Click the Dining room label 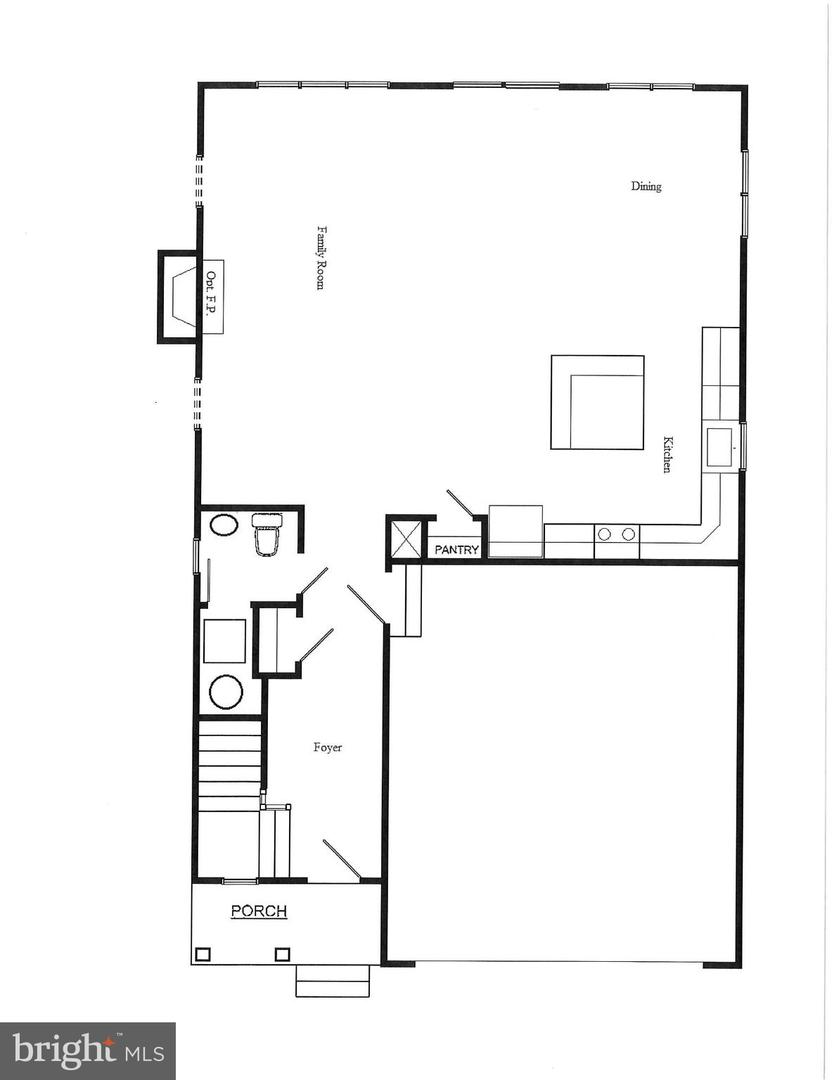(x=646, y=186)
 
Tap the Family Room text (x=321, y=257)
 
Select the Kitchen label (x=666, y=454)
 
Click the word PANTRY (x=457, y=550)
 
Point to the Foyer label (x=328, y=747)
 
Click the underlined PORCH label (x=259, y=911)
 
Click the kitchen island (x=597, y=402)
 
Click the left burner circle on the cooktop (x=605, y=534)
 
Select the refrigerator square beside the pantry (x=515, y=530)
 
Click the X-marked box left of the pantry (x=406, y=541)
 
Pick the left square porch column (x=204, y=954)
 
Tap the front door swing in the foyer (x=342, y=861)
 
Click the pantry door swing (x=460, y=503)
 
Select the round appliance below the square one (x=225, y=692)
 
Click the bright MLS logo (x=87, y=1051)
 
